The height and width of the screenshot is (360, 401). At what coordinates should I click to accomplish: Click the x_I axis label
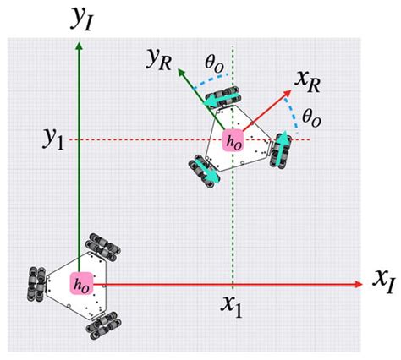382,279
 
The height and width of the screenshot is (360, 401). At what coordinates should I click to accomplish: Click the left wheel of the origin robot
37,281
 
